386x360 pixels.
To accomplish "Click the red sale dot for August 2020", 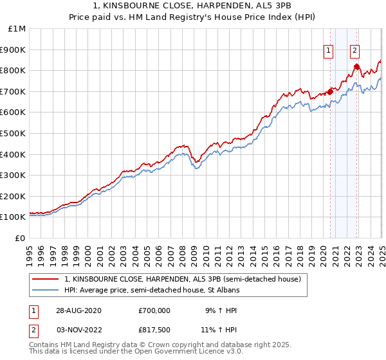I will (x=330, y=91).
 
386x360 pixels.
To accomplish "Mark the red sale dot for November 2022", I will (x=356, y=66).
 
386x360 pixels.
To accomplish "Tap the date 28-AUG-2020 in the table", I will (x=78, y=310).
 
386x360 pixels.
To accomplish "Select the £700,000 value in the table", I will (x=154, y=310).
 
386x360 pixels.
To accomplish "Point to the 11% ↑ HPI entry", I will (x=219, y=329).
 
